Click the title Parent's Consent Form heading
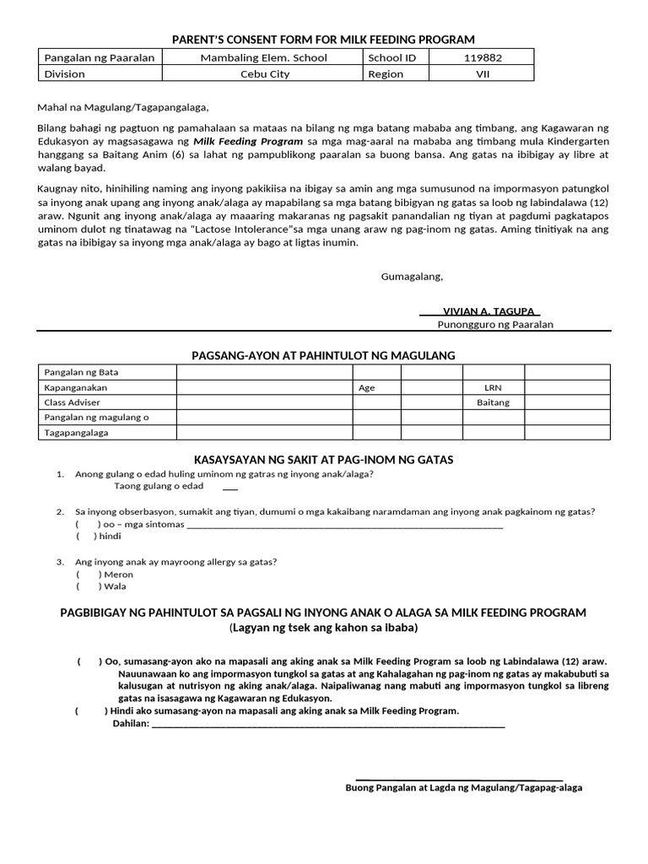click(323, 40)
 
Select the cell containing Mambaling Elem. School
click(264, 58)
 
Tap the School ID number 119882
click(481, 58)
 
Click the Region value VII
click(481, 73)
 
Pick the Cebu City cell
click(264, 73)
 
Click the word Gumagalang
click(412, 276)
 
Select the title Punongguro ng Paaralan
click(494, 325)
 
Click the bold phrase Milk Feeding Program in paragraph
click(248, 141)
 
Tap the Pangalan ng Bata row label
click(81, 372)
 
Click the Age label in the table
click(366, 387)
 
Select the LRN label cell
click(493, 387)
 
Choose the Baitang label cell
click(493, 402)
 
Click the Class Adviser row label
click(72, 402)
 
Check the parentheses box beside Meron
click(89, 575)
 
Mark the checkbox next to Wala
click(89, 586)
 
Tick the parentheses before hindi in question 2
click(89, 536)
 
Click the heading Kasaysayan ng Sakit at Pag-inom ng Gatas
click(323, 460)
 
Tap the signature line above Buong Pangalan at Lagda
click(460, 779)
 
